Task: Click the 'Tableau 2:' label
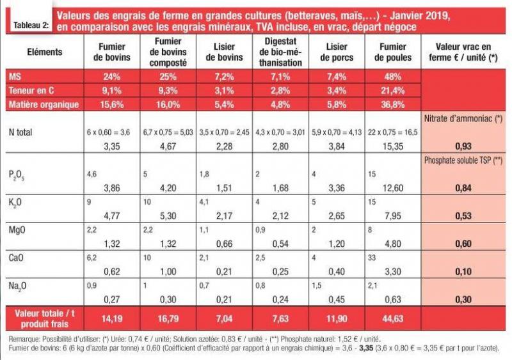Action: click(31, 25)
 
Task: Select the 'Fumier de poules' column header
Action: click(393, 52)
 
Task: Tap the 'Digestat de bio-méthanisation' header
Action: click(280, 52)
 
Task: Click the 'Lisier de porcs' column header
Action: click(337, 52)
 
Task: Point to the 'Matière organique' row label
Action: click(44, 104)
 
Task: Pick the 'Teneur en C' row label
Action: click(31, 90)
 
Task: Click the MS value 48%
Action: click(393, 77)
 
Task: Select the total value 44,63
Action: click(393, 318)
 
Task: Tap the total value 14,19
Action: click(112, 318)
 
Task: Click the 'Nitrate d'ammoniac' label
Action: click(463, 119)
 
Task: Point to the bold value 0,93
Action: click(463, 146)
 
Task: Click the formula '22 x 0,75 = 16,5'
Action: click(393, 132)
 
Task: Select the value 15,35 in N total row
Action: click(393, 146)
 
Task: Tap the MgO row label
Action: click(17, 230)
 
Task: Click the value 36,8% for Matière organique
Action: click(393, 104)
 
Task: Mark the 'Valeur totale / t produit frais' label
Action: click(45, 318)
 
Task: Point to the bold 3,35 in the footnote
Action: click(365, 348)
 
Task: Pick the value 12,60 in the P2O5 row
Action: click(393, 188)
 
